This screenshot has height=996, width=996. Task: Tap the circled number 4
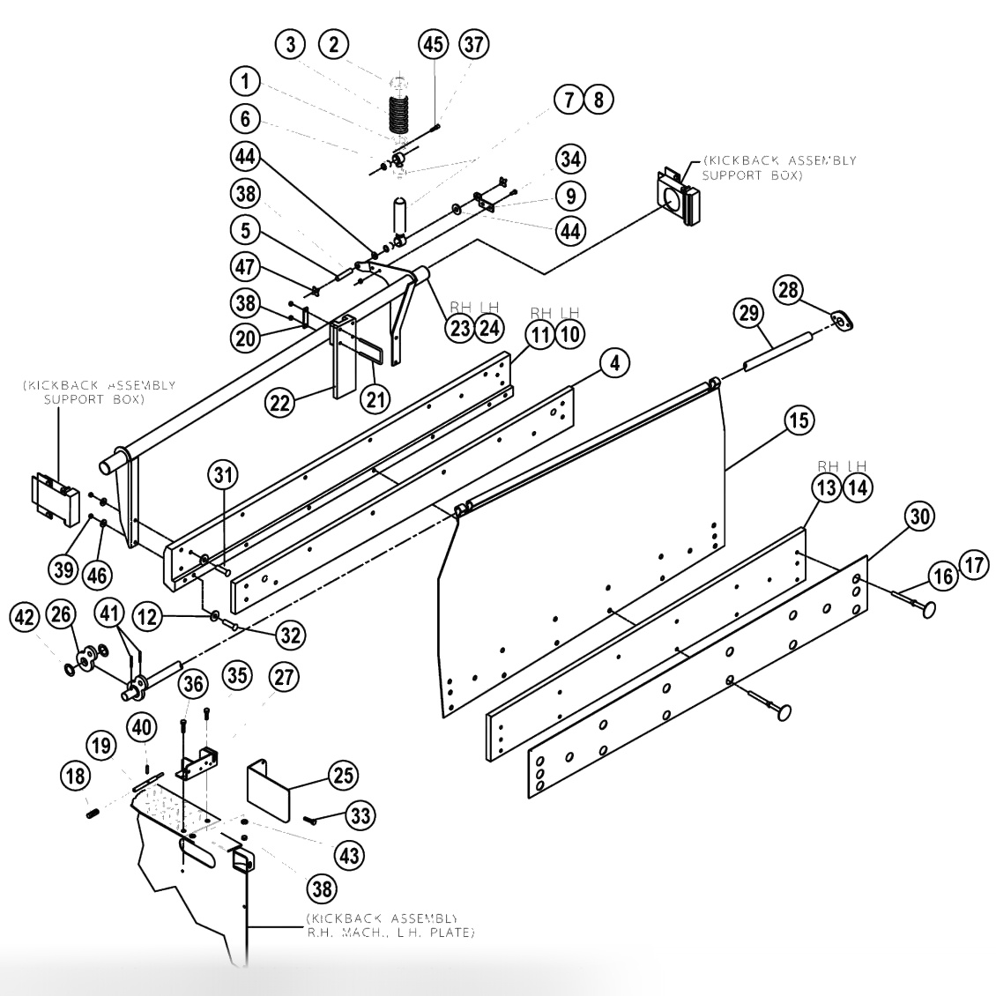614,362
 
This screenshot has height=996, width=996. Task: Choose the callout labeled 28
789,289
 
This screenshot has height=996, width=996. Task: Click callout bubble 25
342,777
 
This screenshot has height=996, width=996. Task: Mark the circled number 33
360,816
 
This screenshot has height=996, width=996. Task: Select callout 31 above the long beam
223,475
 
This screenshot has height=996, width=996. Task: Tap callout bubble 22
280,403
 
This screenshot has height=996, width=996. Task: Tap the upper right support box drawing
678,198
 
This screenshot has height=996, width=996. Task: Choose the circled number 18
75,777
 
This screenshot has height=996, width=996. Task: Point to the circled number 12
147,618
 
